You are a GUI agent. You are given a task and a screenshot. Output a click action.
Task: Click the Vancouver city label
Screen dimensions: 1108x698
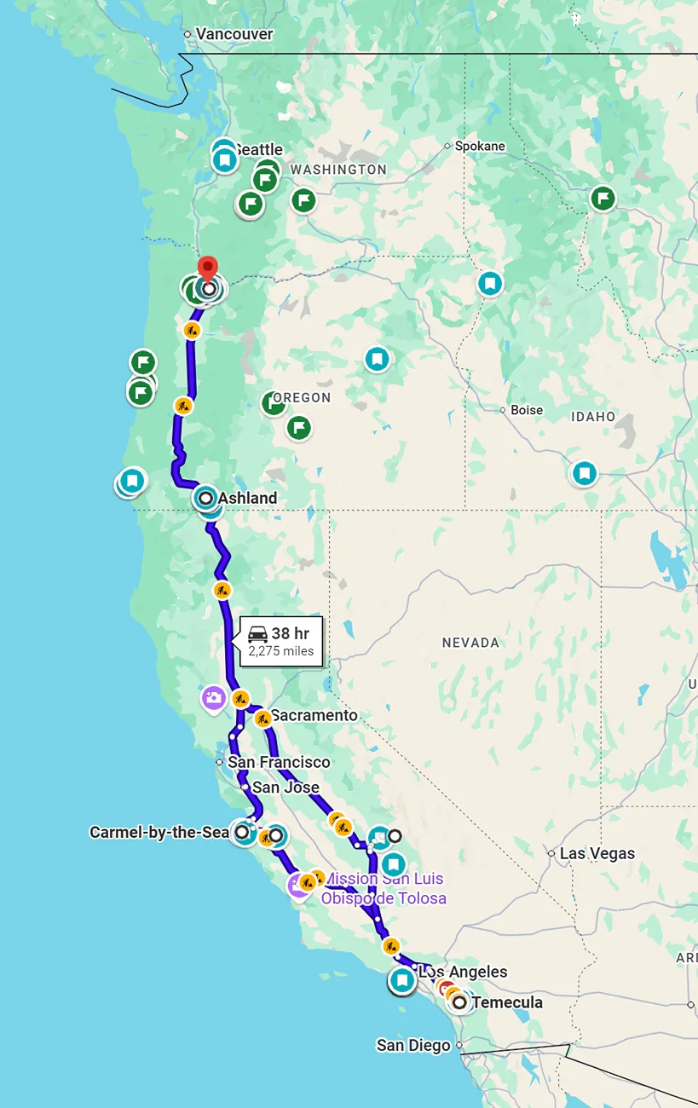234,34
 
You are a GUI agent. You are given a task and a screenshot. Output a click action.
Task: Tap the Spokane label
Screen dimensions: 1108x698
479,146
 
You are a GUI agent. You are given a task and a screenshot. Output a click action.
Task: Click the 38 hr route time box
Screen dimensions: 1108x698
281,642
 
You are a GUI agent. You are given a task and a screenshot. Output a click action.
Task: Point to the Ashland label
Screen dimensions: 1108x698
247,498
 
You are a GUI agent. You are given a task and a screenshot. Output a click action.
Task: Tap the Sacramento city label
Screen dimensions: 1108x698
314,715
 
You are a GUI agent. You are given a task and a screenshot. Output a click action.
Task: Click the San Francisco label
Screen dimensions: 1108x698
279,762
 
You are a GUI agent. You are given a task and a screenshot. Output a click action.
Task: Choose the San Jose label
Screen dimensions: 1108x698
286,788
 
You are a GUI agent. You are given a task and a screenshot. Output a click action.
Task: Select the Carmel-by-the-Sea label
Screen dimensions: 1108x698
159,832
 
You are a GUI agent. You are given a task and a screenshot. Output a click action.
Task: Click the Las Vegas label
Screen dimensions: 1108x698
597,853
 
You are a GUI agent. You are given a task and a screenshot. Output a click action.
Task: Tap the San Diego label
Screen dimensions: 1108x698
413,1045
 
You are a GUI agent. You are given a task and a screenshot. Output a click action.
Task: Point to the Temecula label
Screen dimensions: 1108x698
507,1002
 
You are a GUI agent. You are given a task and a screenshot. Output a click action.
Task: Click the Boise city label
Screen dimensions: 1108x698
526,410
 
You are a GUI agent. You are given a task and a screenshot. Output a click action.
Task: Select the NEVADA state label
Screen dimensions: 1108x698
470,643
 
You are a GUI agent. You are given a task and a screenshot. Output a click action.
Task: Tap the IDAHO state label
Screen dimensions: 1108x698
594,417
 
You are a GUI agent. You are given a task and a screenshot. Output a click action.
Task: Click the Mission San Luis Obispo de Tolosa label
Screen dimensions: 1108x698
384,888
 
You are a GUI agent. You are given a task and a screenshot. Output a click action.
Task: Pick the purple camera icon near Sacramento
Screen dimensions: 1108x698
214,699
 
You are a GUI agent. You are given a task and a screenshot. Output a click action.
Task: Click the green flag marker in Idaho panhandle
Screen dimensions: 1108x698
603,199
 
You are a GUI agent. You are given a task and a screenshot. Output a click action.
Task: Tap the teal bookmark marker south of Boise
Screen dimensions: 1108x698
584,472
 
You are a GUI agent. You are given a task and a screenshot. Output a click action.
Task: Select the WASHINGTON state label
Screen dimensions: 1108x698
338,170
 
